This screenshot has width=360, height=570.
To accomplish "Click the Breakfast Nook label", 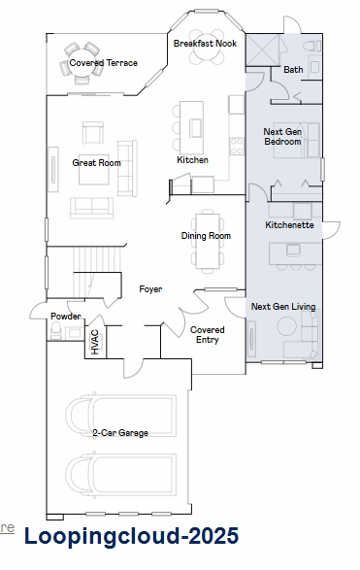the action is pyautogui.click(x=205, y=44).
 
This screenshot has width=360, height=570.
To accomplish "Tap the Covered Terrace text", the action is pyautogui.click(x=103, y=63).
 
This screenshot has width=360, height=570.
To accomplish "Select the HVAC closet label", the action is pyautogui.click(x=95, y=342).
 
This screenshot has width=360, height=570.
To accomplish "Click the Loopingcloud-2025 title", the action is pyautogui.click(x=132, y=536).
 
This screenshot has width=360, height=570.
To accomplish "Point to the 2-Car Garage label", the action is pyautogui.click(x=120, y=432).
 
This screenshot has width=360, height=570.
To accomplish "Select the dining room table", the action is pyautogui.click(x=208, y=241).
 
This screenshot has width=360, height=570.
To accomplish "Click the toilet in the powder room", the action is pyautogui.click(x=56, y=331).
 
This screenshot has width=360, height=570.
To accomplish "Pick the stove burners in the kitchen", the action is pyautogui.click(x=237, y=145).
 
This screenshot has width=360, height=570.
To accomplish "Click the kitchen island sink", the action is pyautogui.click(x=195, y=127).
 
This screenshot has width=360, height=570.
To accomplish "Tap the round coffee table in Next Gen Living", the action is pyautogui.click(x=287, y=326).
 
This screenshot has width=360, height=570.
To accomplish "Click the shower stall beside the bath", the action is pyautogui.click(x=263, y=50).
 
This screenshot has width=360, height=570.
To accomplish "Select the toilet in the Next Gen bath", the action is pyautogui.click(x=312, y=47).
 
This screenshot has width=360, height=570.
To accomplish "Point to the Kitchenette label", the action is pyautogui.click(x=289, y=225).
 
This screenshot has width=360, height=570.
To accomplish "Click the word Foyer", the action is pyautogui.click(x=150, y=289).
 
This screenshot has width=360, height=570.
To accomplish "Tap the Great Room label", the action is pyautogui.click(x=96, y=162).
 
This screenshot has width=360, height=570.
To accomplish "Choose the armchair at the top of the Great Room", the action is pyautogui.click(x=93, y=133).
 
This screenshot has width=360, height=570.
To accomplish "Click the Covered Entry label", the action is pyautogui.click(x=208, y=334).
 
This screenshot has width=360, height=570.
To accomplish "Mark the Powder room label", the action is pyautogui.click(x=65, y=316).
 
